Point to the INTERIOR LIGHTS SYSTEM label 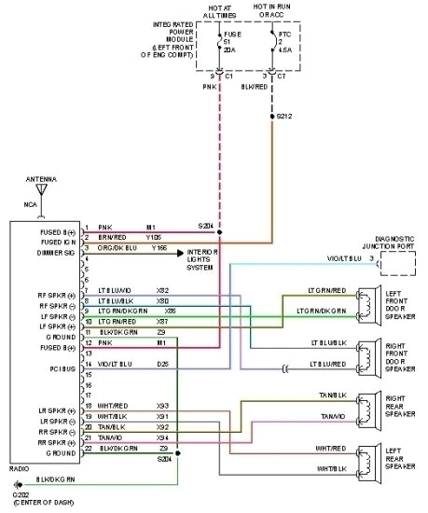click(x=203, y=258)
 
